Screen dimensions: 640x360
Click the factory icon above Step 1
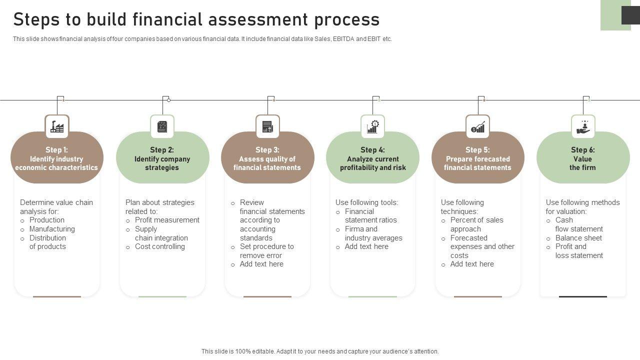point(57,127)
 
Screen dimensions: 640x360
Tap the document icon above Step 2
point(162,127)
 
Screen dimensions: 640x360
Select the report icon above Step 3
point(267,127)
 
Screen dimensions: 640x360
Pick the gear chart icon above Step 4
point(372,127)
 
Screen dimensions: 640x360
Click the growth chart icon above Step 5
point(477,127)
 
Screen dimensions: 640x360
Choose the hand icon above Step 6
point(583,127)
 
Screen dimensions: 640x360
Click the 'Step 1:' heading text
point(56,150)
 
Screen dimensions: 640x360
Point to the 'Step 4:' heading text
point(372,150)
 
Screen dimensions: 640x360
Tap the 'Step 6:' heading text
point(582,150)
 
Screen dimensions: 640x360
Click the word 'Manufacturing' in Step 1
point(52,229)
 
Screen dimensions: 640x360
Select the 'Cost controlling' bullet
point(159,246)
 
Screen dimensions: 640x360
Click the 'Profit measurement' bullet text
point(167,220)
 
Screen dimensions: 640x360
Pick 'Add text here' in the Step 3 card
point(261,264)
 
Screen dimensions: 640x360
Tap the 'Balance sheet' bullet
point(578,238)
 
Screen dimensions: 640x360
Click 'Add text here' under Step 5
point(472,264)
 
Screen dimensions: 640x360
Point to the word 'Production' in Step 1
point(47,220)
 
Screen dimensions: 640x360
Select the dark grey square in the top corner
point(630,15)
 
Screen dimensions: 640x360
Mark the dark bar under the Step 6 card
point(582,296)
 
